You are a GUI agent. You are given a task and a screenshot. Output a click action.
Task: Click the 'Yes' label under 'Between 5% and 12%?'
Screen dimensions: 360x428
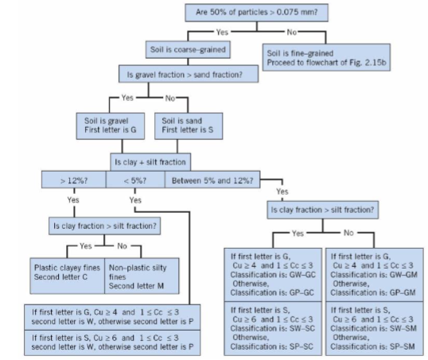pos(282,192)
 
